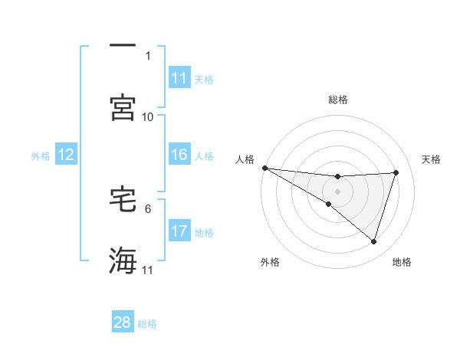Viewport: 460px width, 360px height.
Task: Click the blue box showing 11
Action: pos(179,78)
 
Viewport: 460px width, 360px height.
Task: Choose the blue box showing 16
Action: pos(179,155)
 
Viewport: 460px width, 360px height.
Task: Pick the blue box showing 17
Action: pos(179,231)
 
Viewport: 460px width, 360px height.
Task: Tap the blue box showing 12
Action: pos(66,155)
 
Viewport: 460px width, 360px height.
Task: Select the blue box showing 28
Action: pos(123,322)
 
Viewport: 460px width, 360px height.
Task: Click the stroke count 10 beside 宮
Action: pos(148,117)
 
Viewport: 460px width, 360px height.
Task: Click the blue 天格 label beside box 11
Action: pos(204,79)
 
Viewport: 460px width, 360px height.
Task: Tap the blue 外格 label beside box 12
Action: pos(41,155)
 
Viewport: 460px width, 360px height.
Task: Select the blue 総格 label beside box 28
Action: pos(147,323)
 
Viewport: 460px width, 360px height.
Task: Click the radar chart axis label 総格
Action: pos(338,100)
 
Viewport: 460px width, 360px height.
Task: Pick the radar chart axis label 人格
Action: pos(245,159)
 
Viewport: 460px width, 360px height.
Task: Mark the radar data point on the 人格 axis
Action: pos(264,168)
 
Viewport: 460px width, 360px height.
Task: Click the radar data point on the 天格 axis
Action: pos(396,172)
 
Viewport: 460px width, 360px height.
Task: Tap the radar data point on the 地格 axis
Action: pos(374,242)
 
